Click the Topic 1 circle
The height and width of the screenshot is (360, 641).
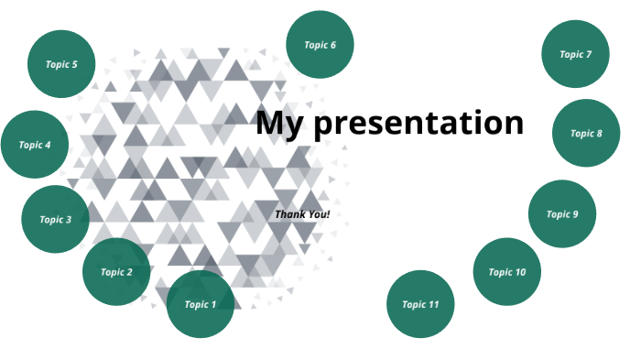click(201, 304)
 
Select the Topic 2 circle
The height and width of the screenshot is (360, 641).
click(116, 272)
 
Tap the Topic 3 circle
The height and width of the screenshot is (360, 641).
click(55, 220)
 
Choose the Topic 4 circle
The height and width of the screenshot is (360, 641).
click(35, 145)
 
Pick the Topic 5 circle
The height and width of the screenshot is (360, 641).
click(61, 64)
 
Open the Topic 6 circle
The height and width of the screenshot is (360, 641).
click(320, 45)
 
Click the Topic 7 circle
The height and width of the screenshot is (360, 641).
click(576, 54)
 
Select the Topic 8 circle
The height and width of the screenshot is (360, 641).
click(586, 133)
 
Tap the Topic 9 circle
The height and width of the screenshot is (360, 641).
click(562, 214)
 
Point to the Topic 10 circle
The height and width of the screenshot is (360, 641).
click(506, 272)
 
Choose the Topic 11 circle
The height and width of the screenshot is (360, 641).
click(420, 304)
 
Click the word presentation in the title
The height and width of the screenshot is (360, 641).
click(418, 123)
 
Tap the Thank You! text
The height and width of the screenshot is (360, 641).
click(302, 214)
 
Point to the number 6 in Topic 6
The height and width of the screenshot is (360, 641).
click(333, 45)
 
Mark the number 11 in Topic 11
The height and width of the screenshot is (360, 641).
click(434, 304)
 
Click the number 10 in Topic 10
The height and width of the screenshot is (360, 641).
click(520, 272)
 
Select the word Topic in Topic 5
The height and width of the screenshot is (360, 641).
click(57, 64)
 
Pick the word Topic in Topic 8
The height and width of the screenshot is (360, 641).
click(581, 133)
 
